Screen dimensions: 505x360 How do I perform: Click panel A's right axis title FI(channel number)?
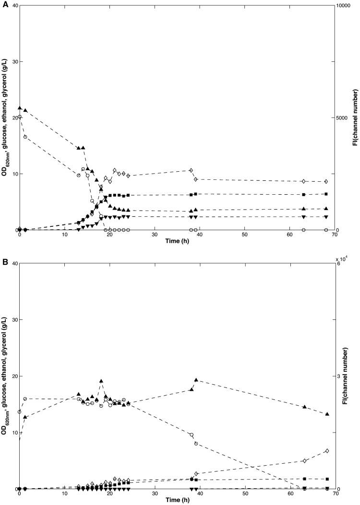click(x=355, y=118)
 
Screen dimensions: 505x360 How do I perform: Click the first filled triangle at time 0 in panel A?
click(x=20, y=108)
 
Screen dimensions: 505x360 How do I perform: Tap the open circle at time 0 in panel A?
click(x=20, y=117)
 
